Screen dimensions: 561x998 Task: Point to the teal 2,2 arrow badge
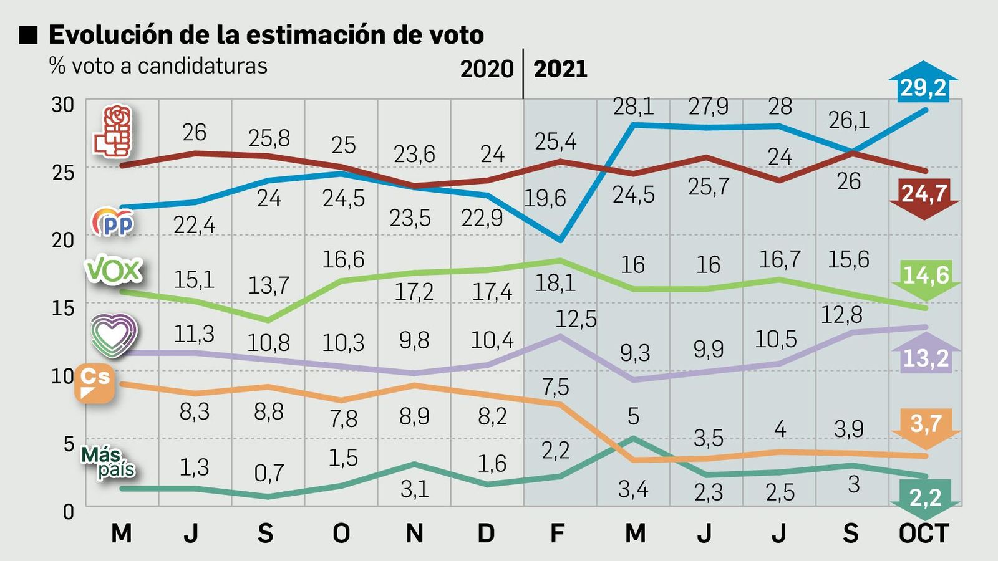[925, 497]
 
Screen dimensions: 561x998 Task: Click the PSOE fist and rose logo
[114, 131]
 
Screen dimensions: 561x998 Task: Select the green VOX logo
[114, 271]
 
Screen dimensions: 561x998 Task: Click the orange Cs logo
[95, 383]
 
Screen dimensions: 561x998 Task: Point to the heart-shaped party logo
[114, 335]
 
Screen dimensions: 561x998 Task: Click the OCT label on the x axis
[923, 534]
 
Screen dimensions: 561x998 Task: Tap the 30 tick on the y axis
[62, 105]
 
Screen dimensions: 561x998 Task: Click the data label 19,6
[545, 198]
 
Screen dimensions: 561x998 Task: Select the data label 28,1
[632, 107]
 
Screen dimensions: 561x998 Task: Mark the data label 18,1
[555, 284]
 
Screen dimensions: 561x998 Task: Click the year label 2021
[560, 69]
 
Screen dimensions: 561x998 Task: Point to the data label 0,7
[268, 473]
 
